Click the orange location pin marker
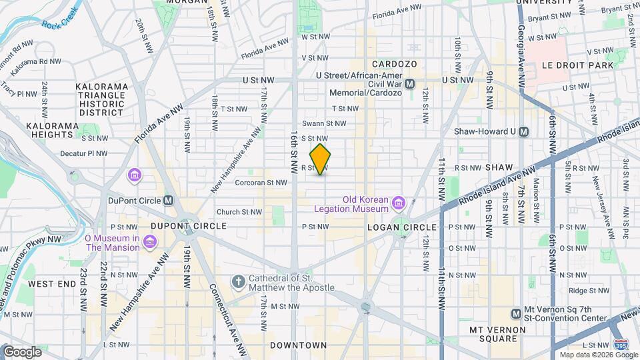320,159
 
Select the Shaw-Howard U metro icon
524,131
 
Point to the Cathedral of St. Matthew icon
239,283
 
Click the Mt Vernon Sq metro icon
515,313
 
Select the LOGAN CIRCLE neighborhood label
401,227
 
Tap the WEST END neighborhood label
51,283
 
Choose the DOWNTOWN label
298,345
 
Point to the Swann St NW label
324,123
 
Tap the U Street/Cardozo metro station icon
410,84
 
